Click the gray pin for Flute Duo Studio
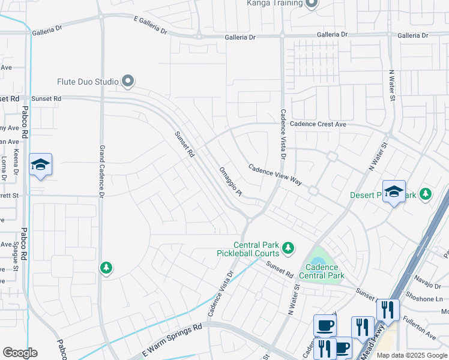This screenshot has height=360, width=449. click(x=127, y=80)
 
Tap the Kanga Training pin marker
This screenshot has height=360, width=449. click(x=311, y=4)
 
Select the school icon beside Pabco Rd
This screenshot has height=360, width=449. click(x=40, y=165)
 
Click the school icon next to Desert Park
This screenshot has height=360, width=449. click(x=394, y=192)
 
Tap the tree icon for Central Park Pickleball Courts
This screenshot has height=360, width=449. click(x=288, y=247)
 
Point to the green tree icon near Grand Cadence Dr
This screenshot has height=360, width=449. click(x=106, y=268)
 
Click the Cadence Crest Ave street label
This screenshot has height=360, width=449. click(x=318, y=124)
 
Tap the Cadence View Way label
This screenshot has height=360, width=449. click(x=275, y=175)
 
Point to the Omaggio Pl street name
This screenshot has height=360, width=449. click(x=230, y=182)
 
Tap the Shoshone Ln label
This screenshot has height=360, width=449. click(x=427, y=298)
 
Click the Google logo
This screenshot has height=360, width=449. click(x=20, y=353)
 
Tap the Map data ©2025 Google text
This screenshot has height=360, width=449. click(x=411, y=355)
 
